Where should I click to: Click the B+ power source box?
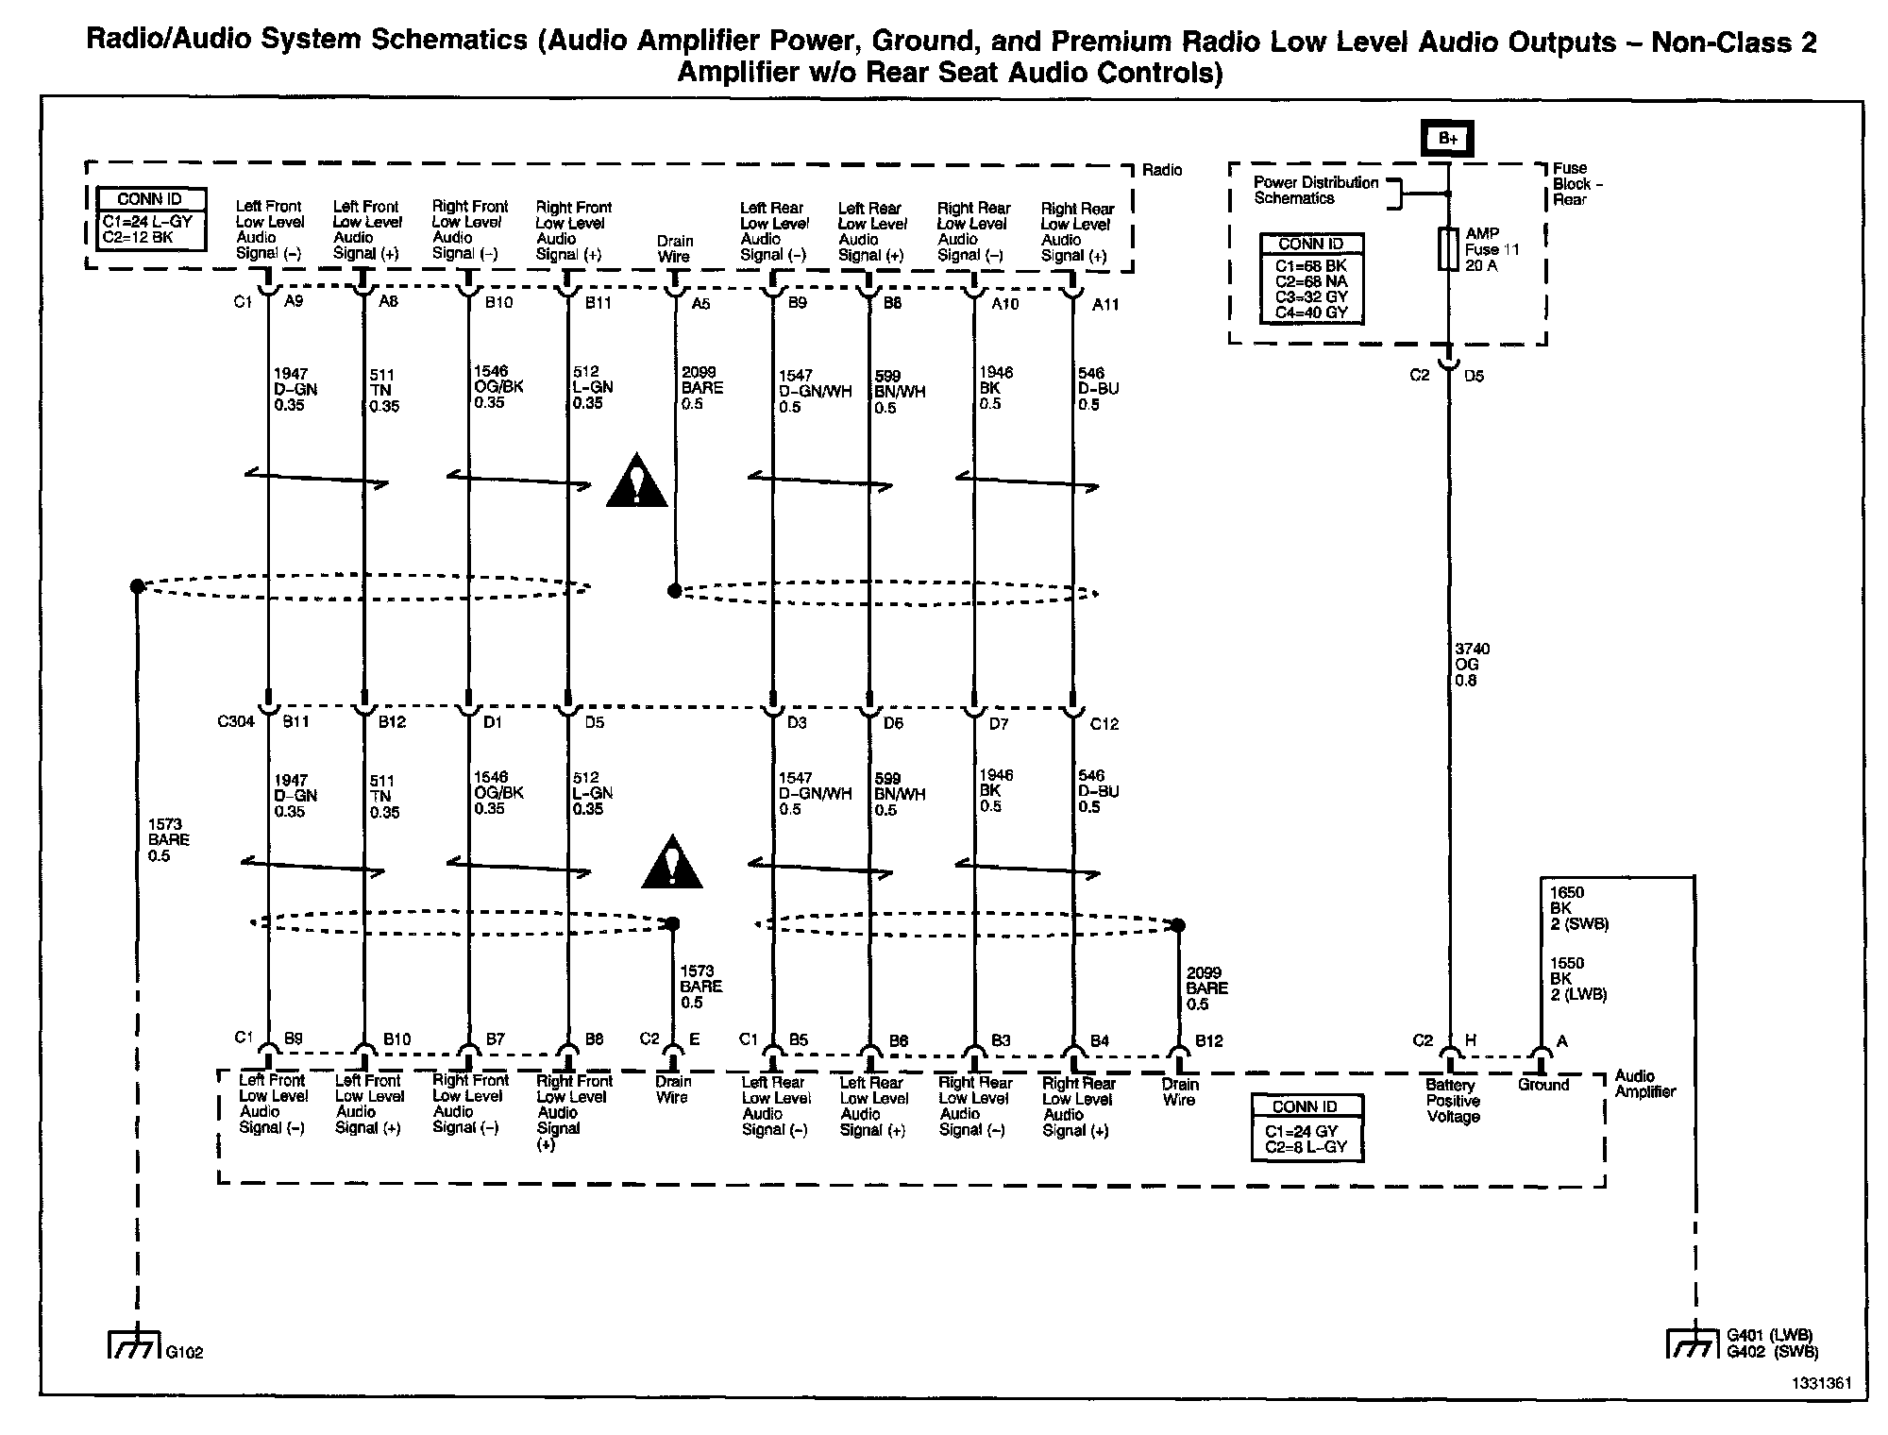pyautogui.click(x=1448, y=139)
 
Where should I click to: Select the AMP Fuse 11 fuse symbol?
pyautogui.click(x=1448, y=249)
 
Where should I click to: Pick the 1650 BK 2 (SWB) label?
pyautogui.click(x=1578, y=908)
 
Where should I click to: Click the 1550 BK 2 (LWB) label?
pyautogui.click(x=1578, y=979)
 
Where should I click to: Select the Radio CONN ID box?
pyautogui.click(x=151, y=219)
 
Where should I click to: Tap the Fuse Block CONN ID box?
pyautogui.click(x=1311, y=279)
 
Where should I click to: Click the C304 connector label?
pyautogui.click(x=236, y=722)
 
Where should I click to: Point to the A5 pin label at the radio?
pyautogui.click(x=700, y=304)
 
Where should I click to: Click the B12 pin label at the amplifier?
pyautogui.click(x=1208, y=1041)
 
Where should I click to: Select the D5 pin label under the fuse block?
pyautogui.click(x=1474, y=376)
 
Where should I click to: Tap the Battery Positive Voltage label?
pyautogui.click(x=1453, y=1101)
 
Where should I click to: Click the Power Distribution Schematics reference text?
pyautogui.click(x=1316, y=190)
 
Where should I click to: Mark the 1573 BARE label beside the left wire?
pyautogui.click(x=168, y=839)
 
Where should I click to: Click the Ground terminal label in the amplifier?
pyautogui.click(x=1543, y=1085)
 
